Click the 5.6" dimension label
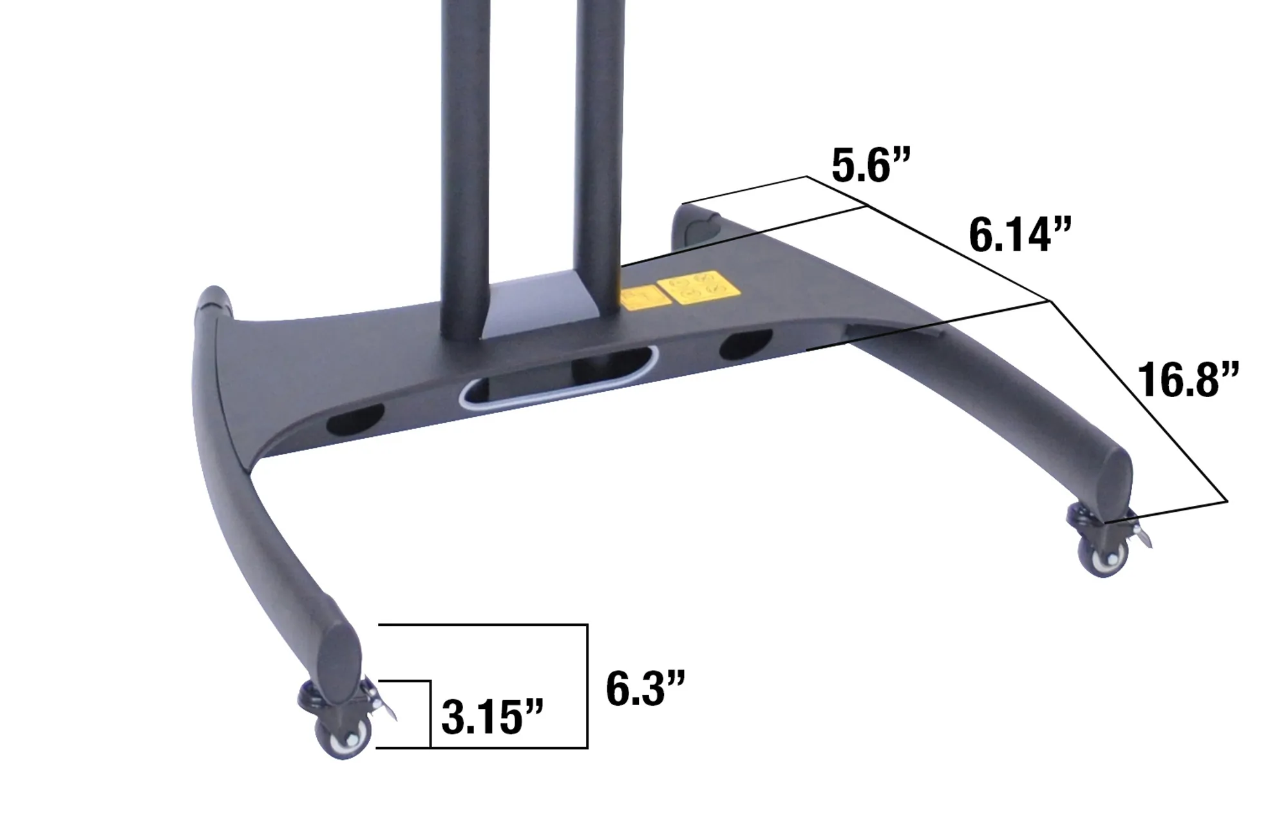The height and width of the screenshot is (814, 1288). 870,166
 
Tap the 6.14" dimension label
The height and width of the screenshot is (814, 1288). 1019,236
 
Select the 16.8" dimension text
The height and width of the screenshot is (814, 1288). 1186,380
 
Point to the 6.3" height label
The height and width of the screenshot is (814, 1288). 645,689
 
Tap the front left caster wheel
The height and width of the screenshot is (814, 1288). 343,736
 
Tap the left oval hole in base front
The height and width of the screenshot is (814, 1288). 355,420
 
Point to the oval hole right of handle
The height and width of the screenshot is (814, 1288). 745,345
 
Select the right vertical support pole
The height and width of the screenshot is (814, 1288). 598,142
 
